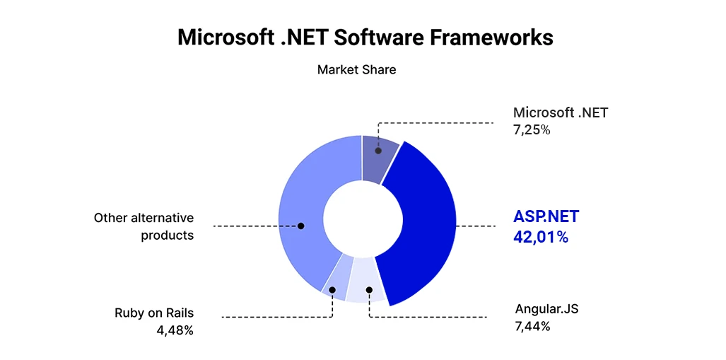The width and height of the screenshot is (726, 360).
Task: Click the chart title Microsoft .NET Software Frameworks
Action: [365, 37]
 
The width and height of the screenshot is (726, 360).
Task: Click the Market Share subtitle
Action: [356, 69]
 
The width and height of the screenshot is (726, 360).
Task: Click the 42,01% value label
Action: [541, 237]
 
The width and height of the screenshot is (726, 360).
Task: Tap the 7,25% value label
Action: [532, 129]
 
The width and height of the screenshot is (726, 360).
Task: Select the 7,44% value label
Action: [533, 326]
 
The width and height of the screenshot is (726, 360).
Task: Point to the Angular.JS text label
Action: [547, 309]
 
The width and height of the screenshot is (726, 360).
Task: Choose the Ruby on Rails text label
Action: [154, 313]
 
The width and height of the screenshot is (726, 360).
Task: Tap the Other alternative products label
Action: [144, 226]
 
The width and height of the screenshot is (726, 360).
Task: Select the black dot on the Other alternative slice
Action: [300, 226]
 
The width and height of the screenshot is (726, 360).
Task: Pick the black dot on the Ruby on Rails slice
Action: [332, 289]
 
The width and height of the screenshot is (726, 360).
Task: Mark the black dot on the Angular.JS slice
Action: [369, 289]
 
